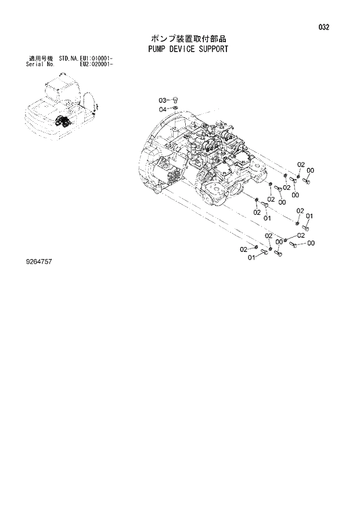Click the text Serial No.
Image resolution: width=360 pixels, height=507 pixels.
tap(39, 64)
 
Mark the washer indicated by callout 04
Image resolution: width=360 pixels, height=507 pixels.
tap(178, 109)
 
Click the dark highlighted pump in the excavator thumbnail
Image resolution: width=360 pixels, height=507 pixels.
tap(62, 122)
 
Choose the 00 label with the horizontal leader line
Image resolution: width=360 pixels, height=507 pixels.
tap(311, 243)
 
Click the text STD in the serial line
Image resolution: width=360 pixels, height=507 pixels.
tap(63, 59)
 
